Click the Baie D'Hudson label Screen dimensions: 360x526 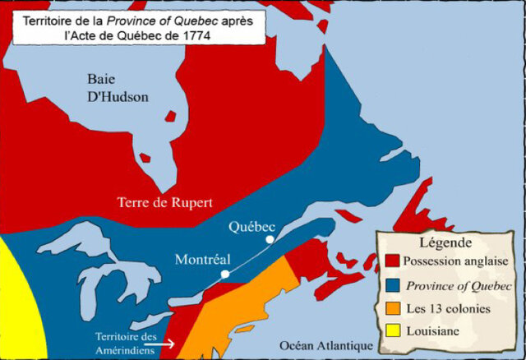118,87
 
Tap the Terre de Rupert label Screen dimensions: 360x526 165,201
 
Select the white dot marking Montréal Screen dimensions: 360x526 225,274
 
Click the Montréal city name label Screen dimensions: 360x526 203,259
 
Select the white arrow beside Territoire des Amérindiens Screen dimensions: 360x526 163,344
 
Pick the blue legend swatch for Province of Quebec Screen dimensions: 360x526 393,285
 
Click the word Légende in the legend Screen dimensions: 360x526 445,242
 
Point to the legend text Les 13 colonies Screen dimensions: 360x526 446,308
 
